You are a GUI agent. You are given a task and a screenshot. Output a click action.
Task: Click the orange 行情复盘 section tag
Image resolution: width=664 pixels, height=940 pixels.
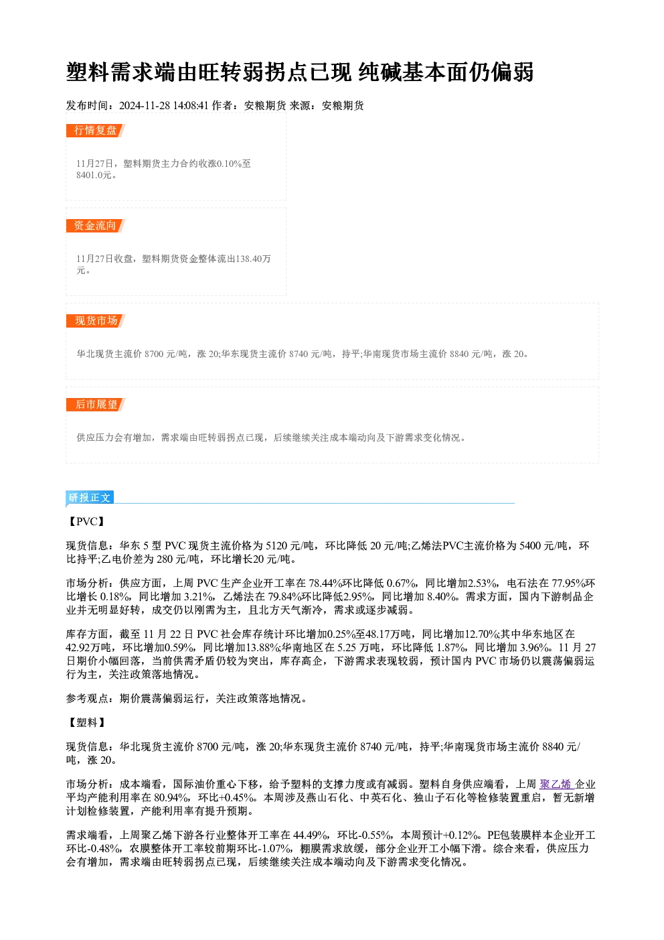point(96,131)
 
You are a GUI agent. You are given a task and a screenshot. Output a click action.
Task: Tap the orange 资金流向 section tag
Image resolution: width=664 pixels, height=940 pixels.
point(96,226)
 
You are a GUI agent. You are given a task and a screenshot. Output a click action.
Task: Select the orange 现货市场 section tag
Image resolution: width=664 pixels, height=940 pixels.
point(96,321)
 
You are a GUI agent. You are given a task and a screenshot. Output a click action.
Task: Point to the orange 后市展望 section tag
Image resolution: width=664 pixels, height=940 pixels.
point(96,405)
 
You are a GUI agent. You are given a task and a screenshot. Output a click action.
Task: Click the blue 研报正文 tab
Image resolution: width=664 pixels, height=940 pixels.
point(90,498)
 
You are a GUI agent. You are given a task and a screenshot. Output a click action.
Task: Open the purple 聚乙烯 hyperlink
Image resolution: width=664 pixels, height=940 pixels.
point(555,785)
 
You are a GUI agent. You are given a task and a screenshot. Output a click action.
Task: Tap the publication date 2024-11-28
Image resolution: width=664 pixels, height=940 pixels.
point(145,106)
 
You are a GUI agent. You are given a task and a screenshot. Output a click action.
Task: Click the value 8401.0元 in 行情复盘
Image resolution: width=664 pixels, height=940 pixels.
point(94,176)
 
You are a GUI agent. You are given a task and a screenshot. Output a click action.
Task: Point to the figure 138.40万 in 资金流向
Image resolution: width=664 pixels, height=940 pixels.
point(253,259)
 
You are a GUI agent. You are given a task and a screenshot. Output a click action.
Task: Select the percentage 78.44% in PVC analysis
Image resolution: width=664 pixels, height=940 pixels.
point(325,584)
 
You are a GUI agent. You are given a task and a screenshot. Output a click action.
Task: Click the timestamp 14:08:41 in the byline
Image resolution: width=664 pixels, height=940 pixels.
point(191,106)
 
